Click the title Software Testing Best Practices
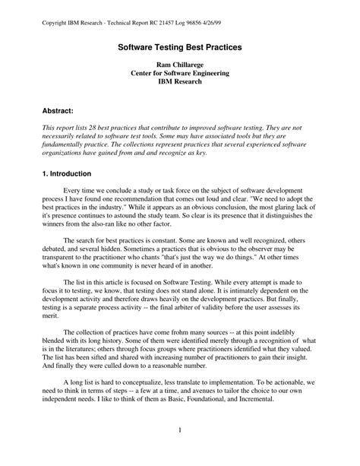pyautogui.click(x=179, y=47)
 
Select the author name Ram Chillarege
pyautogui.click(x=180, y=67)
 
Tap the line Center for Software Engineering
pyautogui.click(x=180, y=77)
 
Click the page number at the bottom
pyautogui.click(x=180, y=432)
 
